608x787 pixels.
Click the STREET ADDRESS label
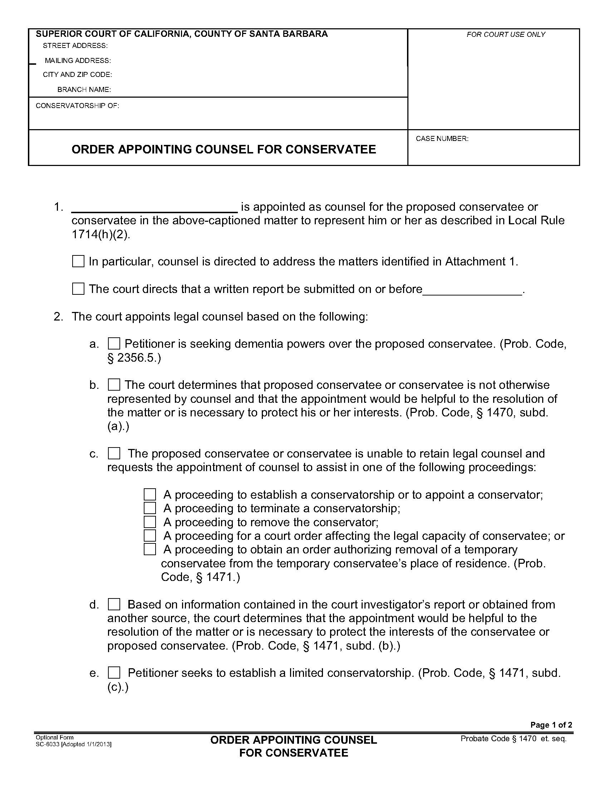click(x=75, y=46)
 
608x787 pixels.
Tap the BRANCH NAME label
click(x=84, y=90)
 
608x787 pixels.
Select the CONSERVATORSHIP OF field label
click(x=77, y=106)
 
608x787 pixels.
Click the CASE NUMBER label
click(x=442, y=139)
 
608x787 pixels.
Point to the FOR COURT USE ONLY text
click(x=506, y=35)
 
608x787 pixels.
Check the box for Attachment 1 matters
click(x=78, y=261)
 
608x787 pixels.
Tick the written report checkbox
click(x=78, y=289)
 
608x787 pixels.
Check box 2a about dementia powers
click(x=114, y=344)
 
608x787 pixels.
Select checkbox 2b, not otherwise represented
click(x=114, y=385)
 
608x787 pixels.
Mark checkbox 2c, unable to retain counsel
click(x=114, y=453)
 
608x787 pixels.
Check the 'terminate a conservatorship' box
click(x=150, y=508)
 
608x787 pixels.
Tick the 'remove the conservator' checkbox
click(x=150, y=522)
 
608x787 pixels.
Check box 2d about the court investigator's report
click(x=114, y=604)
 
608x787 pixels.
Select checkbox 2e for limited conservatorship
click(x=114, y=673)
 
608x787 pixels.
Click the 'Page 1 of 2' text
click(x=551, y=725)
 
